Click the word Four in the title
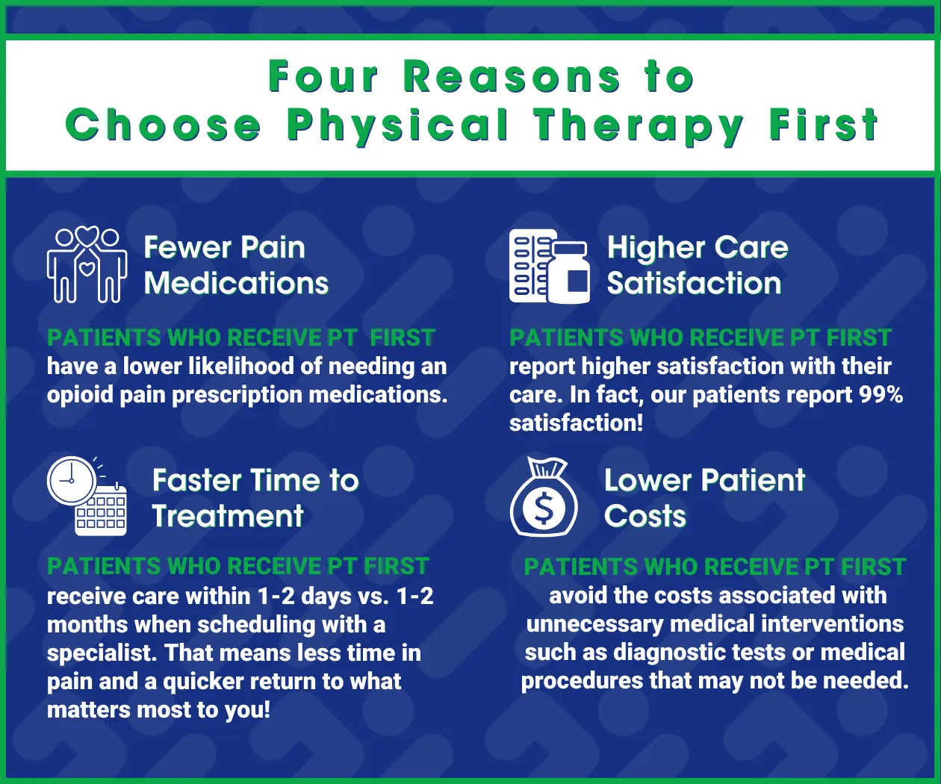tap(323, 77)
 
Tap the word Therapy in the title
tap(639, 127)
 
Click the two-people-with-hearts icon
tap(87, 264)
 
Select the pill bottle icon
tap(569, 272)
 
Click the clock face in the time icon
tap(71, 480)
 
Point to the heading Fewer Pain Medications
tap(236, 265)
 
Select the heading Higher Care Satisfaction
tap(698, 265)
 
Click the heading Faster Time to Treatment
tap(255, 498)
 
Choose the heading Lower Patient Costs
tap(704, 497)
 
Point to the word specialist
tap(102, 653)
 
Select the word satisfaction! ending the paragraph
tap(576, 423)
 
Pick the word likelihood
tap(241, 367)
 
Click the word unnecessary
tap(594, 625)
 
